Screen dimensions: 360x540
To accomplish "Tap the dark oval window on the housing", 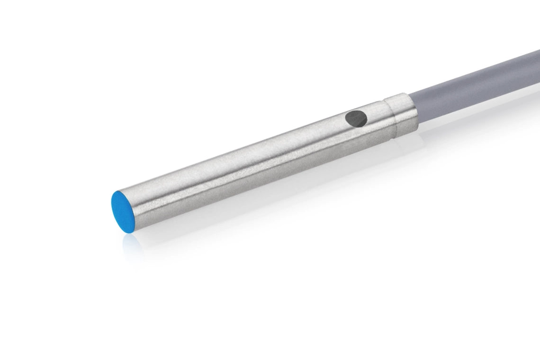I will tap(356, 118).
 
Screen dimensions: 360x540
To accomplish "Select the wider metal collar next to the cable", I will tap(401, 117).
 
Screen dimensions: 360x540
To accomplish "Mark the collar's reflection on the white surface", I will tap(403, 147).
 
